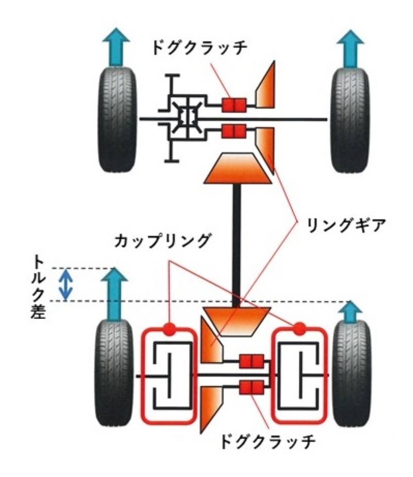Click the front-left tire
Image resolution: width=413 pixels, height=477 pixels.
(x=117, y=119)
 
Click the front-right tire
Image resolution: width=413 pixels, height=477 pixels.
(x=350, y=119)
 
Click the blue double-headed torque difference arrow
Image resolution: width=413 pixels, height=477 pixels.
(x=66, y=284)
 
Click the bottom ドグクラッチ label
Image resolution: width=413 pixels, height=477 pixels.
(x=267, y=442)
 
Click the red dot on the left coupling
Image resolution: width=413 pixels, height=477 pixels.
(x=169, y=328)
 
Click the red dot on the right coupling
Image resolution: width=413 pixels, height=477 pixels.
(x=298, y=328)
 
